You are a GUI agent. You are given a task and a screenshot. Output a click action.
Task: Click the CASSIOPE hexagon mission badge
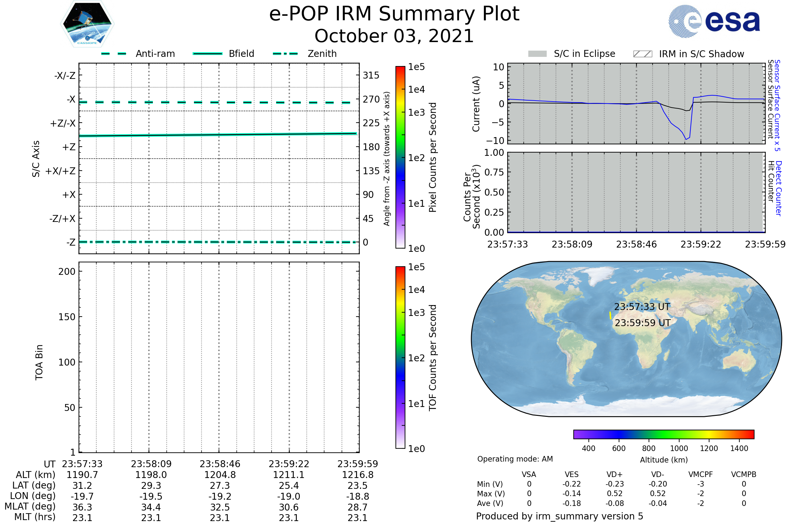[x=87, y=23]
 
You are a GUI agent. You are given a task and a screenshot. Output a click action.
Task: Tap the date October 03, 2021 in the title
[x=394, y=36]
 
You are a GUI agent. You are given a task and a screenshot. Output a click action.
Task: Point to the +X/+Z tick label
[x=60, y=171]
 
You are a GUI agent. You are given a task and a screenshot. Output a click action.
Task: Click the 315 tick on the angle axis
[x=371, y=75]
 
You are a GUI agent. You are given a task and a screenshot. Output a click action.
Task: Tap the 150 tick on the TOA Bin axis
[x=67, y=317]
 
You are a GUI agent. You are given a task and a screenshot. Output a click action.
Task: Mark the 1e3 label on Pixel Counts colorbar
[x=416, y=113]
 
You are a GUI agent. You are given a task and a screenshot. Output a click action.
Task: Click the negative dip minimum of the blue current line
[x=686, y=139]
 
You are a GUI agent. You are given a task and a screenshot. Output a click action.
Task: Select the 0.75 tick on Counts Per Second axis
[x=494, y=172]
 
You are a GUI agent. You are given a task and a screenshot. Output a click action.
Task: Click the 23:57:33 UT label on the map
[x=642, y=307]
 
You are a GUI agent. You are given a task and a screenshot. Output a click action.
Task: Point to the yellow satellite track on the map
[x=610, y=315]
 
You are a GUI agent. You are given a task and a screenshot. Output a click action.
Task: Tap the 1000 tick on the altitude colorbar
[x=679, y=448]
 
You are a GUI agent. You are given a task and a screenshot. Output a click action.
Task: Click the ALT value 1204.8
[x=220, y=475]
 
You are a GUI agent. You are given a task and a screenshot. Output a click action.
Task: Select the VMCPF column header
[x=701, y=474]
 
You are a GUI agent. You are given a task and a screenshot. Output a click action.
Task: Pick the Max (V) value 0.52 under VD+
[x=614, y=493]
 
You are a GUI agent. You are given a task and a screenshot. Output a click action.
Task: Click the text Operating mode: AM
[x=515, y=459]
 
